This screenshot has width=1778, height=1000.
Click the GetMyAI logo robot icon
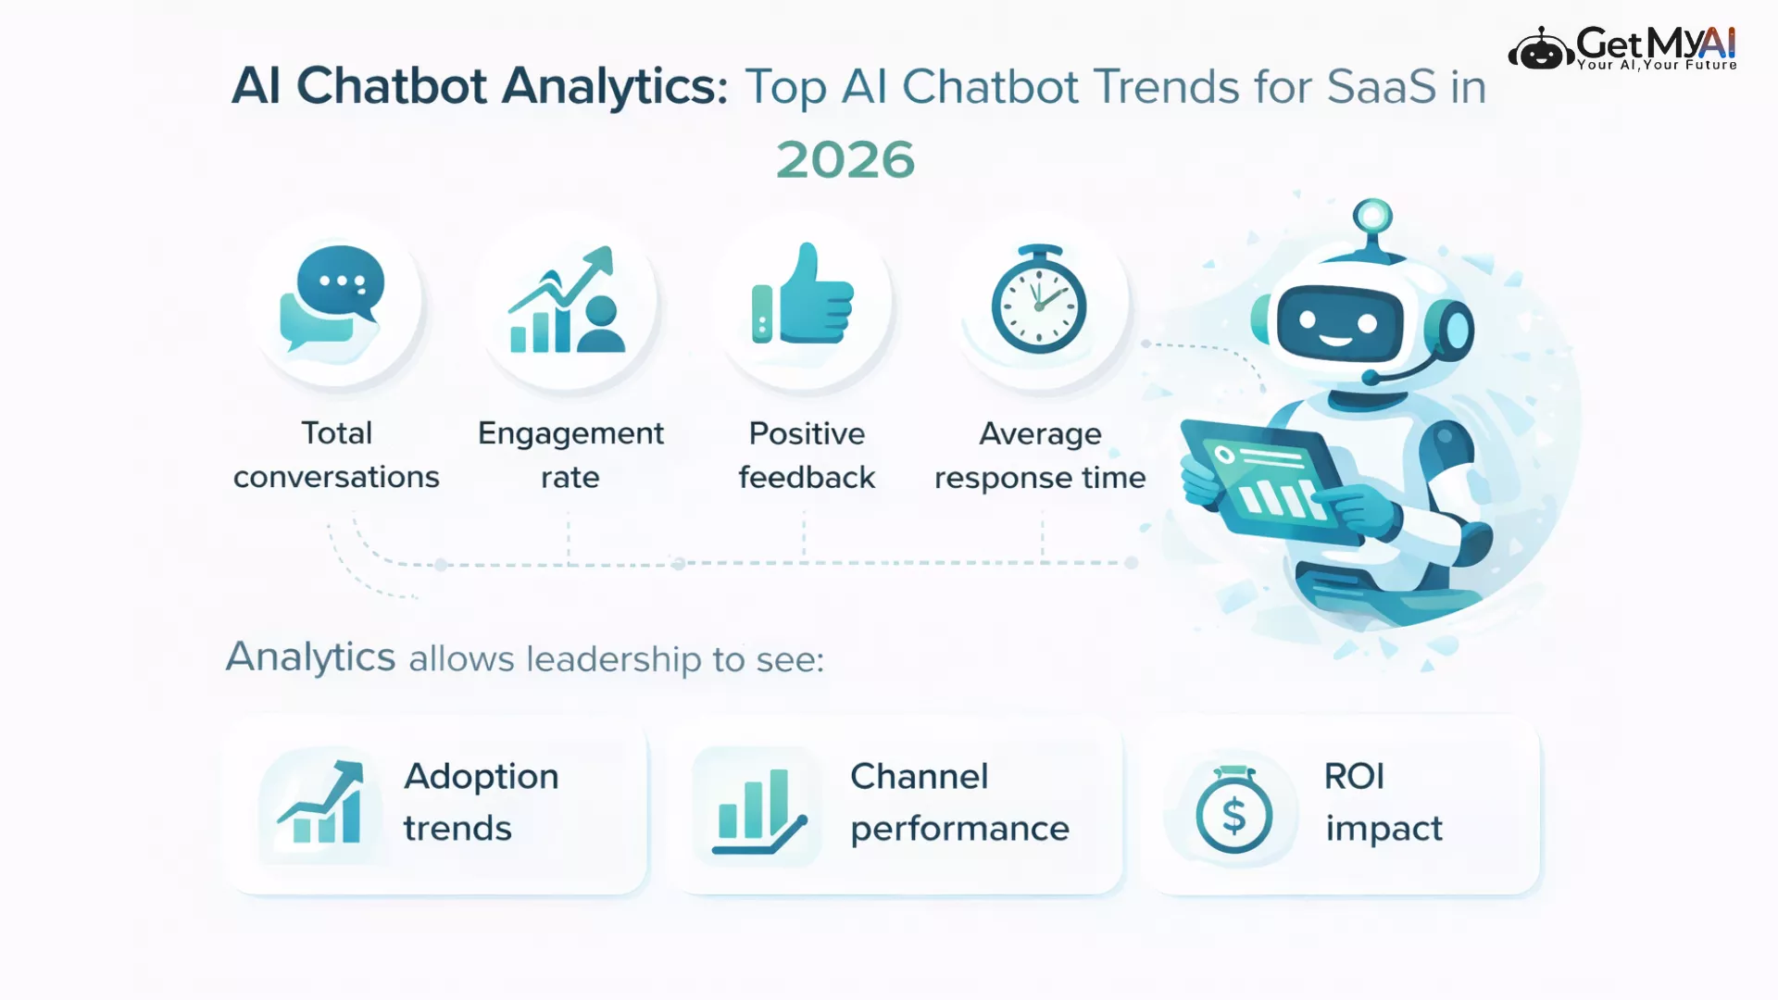(x=1540, y=49)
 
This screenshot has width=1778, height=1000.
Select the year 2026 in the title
(x=845, y=159)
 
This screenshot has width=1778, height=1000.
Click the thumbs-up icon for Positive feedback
(x=802, y=294)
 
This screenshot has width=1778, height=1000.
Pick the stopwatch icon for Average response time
(x=1039, y=299)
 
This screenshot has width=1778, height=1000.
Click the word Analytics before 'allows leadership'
(x=311, y=657)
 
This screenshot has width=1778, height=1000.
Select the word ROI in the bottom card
(x=1354, y=776)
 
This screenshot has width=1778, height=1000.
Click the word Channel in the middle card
(x=920, y=776)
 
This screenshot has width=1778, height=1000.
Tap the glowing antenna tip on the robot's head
(x=1372, y=217)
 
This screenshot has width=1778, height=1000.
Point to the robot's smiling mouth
(x=1335, y=340)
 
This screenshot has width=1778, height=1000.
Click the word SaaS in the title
(x=1381, y=87)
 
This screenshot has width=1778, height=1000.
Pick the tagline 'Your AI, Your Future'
(x=1657, y=65)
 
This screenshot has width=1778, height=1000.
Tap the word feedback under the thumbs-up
(x=807, y=477)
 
